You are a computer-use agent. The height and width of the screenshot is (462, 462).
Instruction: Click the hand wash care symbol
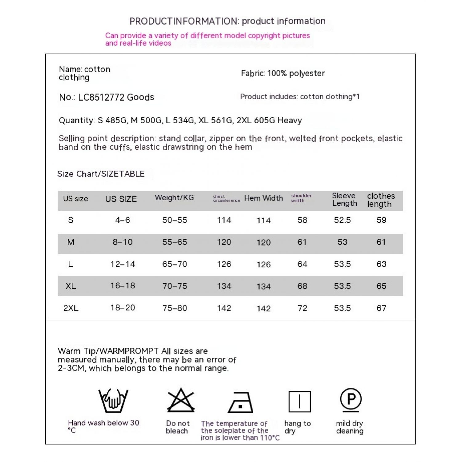point(113,400)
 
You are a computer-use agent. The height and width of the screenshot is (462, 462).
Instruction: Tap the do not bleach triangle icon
point(181,400)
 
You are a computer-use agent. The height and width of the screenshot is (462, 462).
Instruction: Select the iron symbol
point(241,403)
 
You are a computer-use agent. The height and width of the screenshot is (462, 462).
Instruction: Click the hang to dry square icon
point(300,402)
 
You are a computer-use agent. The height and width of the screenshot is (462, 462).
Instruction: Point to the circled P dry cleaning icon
point(351,399)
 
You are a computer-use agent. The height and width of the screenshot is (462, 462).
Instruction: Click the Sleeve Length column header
point(344,200)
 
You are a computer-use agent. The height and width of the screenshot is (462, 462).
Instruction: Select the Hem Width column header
point(263,198)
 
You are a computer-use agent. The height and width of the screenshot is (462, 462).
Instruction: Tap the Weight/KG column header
point(174,198)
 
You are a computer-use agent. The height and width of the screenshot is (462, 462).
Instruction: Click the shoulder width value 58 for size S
point(302,220)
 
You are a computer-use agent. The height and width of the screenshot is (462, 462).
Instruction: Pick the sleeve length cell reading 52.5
point(342,220)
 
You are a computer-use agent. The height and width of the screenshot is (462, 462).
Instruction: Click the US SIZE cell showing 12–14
point(123,264)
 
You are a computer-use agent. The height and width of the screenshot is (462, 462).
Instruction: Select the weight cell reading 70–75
point(175,286)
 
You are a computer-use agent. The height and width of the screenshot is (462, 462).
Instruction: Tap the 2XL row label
point(71,308)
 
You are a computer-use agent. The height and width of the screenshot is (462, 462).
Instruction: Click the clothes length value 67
point(381,308)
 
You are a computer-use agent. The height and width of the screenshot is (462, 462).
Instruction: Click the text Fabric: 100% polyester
point(283,73)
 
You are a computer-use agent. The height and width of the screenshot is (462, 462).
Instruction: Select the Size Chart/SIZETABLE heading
point(101,174)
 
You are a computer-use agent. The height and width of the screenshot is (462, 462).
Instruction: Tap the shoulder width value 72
point(302,308)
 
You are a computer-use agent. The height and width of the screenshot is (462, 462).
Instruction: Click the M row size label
point(71,242)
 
